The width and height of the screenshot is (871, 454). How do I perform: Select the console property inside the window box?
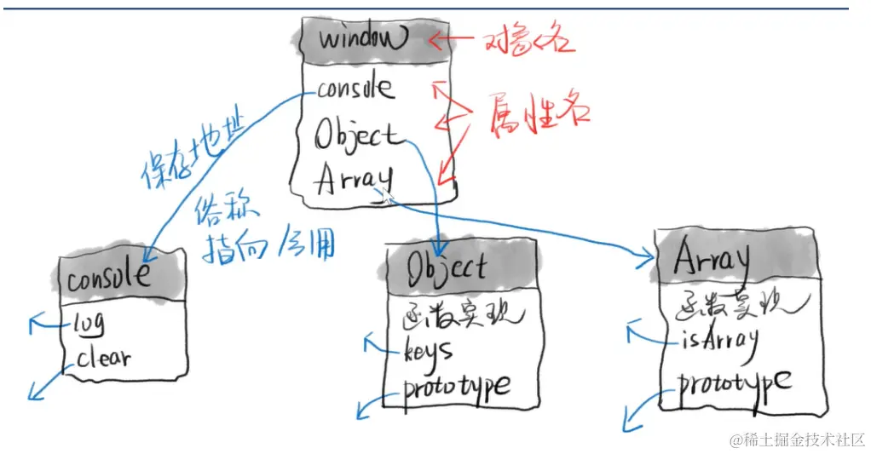[355, 88]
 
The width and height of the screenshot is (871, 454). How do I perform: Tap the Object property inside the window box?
[356, 135]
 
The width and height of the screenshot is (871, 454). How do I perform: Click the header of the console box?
[109, 277]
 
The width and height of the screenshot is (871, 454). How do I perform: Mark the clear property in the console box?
[104, 358]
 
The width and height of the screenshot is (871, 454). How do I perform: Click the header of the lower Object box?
[447, 267]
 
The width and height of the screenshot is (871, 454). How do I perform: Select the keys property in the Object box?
[428, 349]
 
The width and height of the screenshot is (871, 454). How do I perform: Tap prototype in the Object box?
[457, 388]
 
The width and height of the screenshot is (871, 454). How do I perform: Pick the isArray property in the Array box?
[718, 340]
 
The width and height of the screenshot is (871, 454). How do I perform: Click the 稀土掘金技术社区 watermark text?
[796, 440]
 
